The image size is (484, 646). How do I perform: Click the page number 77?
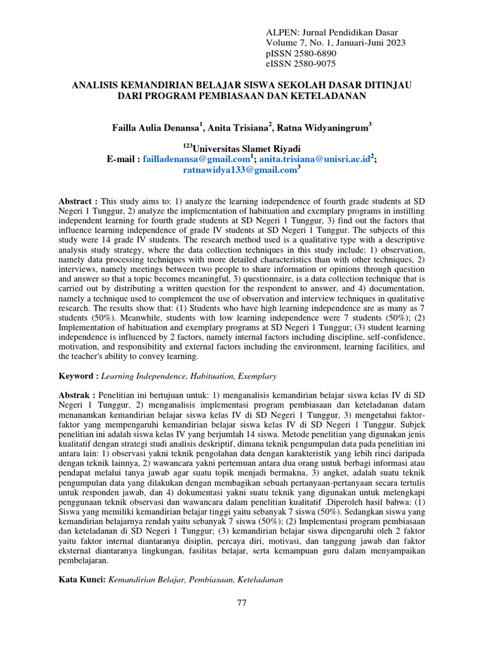241,603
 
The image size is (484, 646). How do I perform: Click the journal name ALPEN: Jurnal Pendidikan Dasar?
333,32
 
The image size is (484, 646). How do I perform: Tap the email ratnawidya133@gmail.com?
239,170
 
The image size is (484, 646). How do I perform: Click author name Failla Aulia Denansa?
155,127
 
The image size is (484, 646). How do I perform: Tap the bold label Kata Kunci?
83,579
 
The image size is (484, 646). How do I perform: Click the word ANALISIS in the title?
98,85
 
